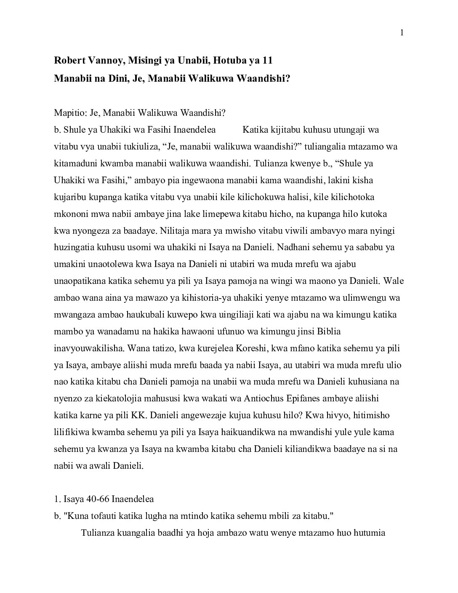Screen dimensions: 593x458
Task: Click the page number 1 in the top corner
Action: pos(402,33)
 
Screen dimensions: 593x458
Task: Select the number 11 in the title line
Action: pos(267,60)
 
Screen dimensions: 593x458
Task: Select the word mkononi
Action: pos(71,214)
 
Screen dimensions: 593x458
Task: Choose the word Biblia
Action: pos(326,331)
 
